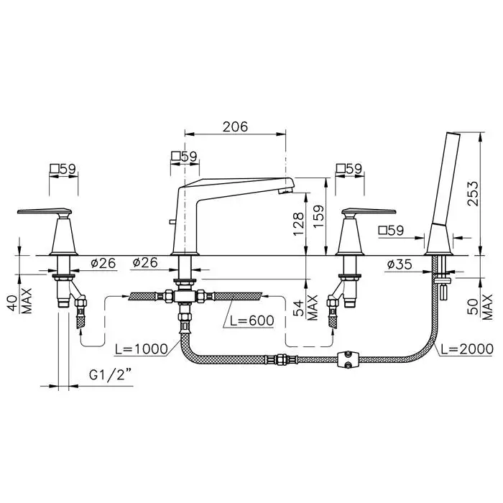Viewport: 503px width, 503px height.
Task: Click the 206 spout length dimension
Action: pyautogui.click(x=236, y=126)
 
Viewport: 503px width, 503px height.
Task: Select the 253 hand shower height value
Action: pyautogui.click(x=473, y=193)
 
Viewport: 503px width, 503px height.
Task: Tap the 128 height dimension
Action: pyautogui.click(x=298, y=223)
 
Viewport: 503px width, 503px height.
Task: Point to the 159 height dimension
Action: pyautogui.click(x=318, y=216)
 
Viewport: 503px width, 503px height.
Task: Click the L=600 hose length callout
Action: pyautogui.click(x=252, y=320)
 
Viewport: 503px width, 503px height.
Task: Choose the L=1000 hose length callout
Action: pyautogui.click(x=142, y=349)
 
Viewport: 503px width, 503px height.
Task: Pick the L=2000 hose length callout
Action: pyautogui.click(x=467, y=349)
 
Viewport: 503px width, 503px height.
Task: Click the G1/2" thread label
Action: pyautogui.click(x=111, y=374)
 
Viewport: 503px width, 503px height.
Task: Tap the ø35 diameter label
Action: pyautogui.click(x=400, y=264)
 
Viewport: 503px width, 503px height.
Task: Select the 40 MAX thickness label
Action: pyautogui.click(x=20, y=301)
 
